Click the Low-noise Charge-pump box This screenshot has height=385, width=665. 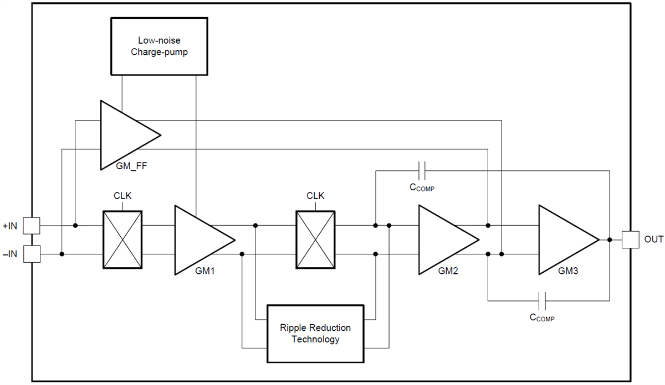click(x=159, y=46)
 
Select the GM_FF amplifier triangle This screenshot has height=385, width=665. click(x=124, y=135)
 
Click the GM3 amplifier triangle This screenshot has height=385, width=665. click(x=563, y=240)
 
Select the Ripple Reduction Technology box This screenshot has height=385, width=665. click(x=316, y=333)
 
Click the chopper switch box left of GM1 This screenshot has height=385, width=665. click(x=123, y=240)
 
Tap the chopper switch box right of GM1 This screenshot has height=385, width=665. click(x=316, y=240)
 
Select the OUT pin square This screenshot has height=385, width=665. click(x=630, y=240)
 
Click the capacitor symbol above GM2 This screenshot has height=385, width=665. click(x=422, y=170)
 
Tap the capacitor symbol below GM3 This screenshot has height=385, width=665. click(x=543, y=301)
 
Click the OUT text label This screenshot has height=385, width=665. click(x=654, y=240)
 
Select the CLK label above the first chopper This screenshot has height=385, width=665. click(x=122, y=196)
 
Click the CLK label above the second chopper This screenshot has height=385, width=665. click(x=315, y=196)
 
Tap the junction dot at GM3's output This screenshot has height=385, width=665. click(x=610, y=240)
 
